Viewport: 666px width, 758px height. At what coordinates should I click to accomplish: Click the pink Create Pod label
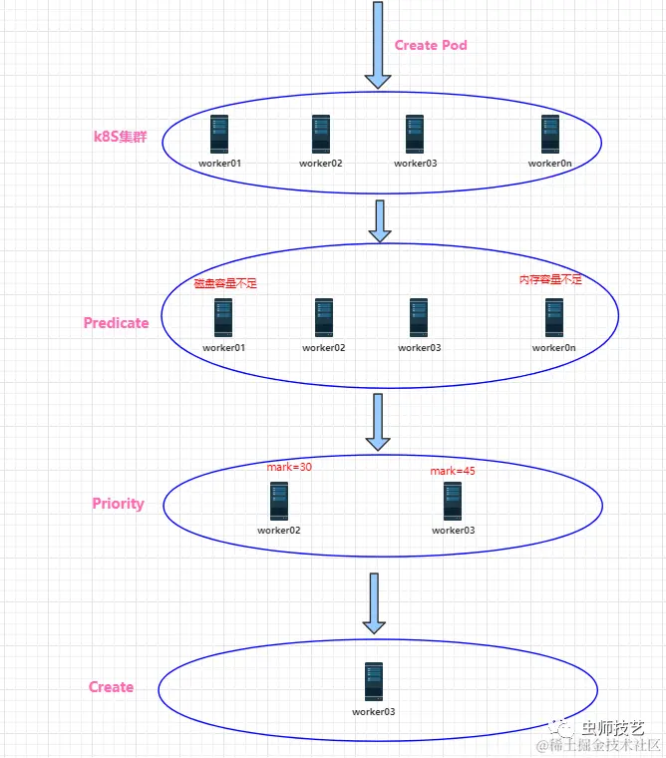pos(431,45)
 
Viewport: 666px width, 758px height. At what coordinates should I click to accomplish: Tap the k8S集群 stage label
pos(119,137)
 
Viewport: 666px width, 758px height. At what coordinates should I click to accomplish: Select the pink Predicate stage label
pos(116,323)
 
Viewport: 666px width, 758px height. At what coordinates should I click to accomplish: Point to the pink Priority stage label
pos(118,504)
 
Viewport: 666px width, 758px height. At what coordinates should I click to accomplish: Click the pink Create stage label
pos(111,687)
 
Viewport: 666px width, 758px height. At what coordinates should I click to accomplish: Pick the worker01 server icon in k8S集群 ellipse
pos(221,135)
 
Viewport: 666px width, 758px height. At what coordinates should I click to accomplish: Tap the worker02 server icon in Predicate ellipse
pos(324,318)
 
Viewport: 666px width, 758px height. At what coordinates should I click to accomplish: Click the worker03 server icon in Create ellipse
pos(374,682)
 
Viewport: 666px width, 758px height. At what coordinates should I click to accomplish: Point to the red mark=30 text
pos(290,467)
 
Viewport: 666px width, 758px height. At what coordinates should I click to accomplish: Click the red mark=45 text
pos(453,471)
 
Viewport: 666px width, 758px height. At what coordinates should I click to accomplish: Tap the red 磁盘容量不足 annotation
pos(225,284)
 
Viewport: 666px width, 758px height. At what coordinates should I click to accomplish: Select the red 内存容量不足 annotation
pos(550,280)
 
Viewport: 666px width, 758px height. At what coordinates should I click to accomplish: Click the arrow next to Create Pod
pos(378,45)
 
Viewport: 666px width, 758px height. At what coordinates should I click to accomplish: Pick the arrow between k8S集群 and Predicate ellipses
pos(379,220)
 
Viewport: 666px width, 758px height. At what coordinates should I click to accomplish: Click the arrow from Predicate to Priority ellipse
pos(378,422)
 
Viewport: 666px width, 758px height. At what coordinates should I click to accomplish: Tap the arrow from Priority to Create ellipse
pos(374,603)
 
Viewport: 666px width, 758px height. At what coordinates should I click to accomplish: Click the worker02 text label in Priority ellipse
pos(279,531)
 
